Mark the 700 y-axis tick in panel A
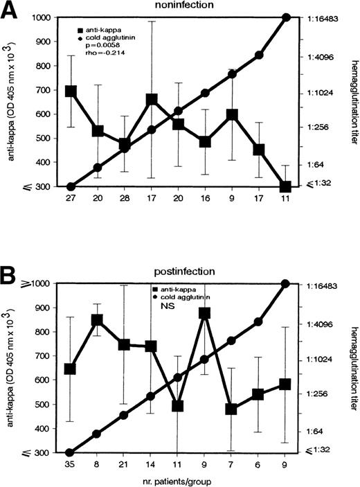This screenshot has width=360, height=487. click(46, 91)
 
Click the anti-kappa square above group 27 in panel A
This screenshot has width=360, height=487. click(70, 91)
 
